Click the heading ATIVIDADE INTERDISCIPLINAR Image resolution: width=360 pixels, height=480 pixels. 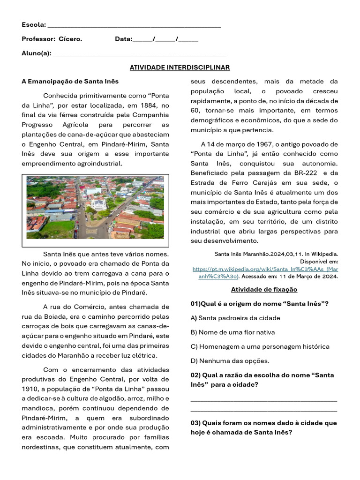[x=180, y=67]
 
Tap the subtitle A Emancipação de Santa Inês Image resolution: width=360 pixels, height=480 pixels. [x=70, y=81]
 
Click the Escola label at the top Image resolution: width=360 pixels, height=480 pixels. [x=34, y=24]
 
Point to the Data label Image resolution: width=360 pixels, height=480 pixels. [x=123, y=39]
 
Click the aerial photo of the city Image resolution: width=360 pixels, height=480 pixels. [x=95, y=208]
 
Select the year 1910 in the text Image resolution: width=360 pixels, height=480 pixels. [x=30, y=389]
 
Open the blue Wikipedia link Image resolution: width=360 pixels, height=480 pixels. [x=265, y=273]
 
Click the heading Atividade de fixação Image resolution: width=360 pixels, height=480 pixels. [x=264, y=289]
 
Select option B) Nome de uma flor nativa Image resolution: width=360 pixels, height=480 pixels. [x=232, y=332]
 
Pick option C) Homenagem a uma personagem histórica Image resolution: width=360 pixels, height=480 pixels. [x=260, y=346]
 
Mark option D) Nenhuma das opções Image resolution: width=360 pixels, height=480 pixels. [x=230, y=361]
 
